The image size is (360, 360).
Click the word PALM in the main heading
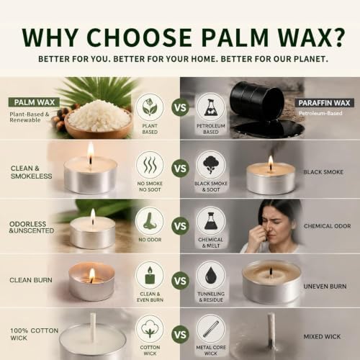pyautogui.click(x=235, y=37)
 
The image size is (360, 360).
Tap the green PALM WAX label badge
pyautogui.click(x=34, y=102)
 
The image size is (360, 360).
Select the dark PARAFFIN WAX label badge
pyautogui.click(x=324, y=103)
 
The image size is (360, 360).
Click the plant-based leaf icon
pyautogui.click(x=150, y=107)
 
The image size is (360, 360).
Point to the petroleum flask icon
pyautogui.click(x=211, y=107)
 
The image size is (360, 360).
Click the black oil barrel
pyautogui.click(x=256, y=99)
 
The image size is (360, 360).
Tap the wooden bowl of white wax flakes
pyautogui.click(x=99, y=120)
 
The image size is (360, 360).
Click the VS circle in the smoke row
pyautogui.click(x=180, y=168)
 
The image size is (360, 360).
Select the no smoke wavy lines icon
pyautogui.click(x=150, y=165)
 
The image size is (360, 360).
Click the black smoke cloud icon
pyautogui.click(x=211, y=164)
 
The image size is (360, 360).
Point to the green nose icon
pyautogui.click(x=150, y=221)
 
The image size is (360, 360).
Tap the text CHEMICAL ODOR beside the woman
pyautogui.click(x=327, y=226)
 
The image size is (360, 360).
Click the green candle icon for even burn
pyautogui.click(x=150, y=275)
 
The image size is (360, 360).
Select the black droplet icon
pyautogui.click(x=211, y=275)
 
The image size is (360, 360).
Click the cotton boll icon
pyautogui.click(x=150, y=330)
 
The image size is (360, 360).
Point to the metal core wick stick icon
pyautogui.click(x=211, y=329)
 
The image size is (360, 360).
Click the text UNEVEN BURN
pyautogui.click(x=325, y=287)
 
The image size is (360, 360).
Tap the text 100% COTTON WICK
pyautogui.click(x=34, y=334)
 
